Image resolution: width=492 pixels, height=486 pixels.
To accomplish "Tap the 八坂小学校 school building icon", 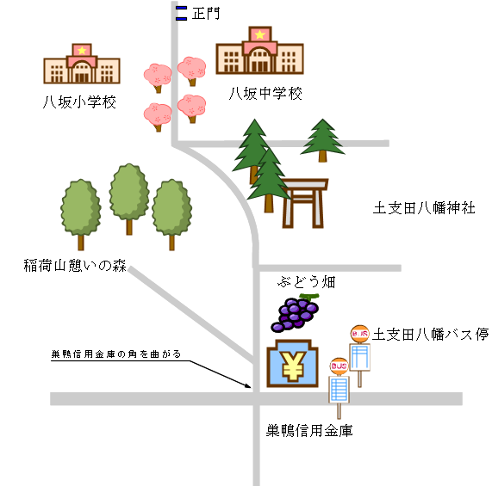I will [x=81, y=65].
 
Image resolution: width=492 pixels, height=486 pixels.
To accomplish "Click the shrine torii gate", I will [x=306, y=201].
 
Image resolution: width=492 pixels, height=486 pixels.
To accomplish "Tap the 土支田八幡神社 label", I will [x=423, y=208].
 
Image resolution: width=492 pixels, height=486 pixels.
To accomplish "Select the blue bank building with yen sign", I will [x=292, y=366].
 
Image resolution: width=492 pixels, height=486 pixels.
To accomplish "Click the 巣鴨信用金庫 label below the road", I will [x=308, y=430].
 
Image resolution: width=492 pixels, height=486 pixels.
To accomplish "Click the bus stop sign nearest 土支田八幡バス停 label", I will [x=361, y=353].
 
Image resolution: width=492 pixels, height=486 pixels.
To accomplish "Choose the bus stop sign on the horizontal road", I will [x=339, y=384].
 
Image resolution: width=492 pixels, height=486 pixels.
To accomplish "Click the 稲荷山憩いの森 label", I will [x=74, y=265].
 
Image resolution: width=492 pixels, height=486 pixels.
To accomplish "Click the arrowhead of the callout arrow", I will [x=252, y=387].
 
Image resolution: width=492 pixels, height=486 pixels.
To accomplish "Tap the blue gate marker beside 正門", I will [x=181, y=12].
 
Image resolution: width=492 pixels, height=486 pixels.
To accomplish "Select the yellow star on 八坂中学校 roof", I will [x=258, y=34].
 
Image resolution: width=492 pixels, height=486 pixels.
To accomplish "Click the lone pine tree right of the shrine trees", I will [x=323, y=139].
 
